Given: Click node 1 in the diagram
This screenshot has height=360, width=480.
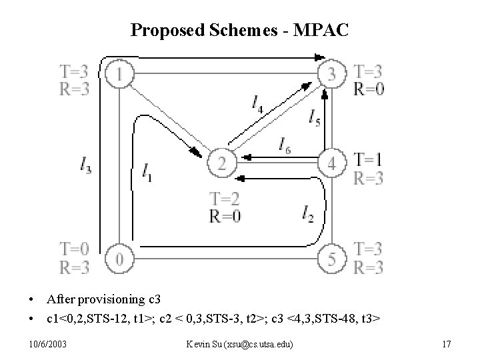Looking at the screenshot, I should tap(119, 75).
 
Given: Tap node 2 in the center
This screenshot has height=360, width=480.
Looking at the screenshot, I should tap(222, 162).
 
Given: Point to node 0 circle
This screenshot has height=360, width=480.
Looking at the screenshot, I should tap(119, 258).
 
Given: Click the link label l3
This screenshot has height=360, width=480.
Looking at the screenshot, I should tap(85, 165).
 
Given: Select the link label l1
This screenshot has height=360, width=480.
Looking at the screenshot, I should tap(147, 173).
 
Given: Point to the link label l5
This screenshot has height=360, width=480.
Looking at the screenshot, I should tap(315, 117).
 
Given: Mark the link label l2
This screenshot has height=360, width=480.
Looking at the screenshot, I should tap(307, 213).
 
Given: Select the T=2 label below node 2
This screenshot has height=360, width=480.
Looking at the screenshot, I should tap(224, 198).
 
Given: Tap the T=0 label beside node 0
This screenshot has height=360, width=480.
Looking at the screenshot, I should tap(74, 249).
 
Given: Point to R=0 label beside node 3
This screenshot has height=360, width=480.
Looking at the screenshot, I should tap(369, 89).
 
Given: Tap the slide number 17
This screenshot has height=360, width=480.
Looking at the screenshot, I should tap(446, 343).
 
